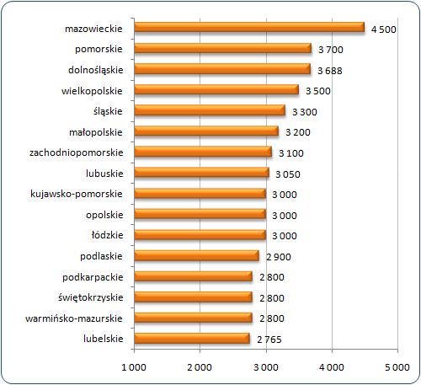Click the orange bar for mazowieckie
tap(249, 28)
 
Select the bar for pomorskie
tap(223, 48)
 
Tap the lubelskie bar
tap(192, 338)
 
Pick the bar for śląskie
tap(210, 110)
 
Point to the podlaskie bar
tap(196, 255)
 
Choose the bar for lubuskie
tap(201, 173)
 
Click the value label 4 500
tap(384, 29)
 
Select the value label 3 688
tap(330, 71)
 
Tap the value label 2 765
tap(269, 340)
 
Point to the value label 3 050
tap(288, 174)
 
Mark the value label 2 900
tap(279, 257)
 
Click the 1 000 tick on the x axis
tap(134, 367)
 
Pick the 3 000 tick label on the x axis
tap(266, 367)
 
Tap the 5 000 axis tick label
tap(397, 367)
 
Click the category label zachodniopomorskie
tap(77, 152)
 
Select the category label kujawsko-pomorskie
tap(77, 194)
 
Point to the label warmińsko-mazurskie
tap(74, 318)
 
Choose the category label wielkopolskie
tap(92, 91)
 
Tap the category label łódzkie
tap(107, 235)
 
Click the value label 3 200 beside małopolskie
tap(298, 132)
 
